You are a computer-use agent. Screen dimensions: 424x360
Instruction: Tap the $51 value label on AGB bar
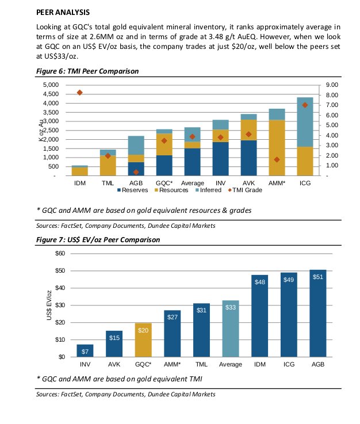coord(317,277)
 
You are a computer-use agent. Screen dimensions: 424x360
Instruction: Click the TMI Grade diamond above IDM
coord(79,93)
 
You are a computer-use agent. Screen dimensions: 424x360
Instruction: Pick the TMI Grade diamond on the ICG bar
coord(305,105)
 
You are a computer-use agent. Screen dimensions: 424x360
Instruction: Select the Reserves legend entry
coord(133,189)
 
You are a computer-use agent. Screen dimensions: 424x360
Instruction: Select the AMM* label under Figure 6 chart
coord(277,183)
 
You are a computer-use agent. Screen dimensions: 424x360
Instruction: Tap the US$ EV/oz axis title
coord(51,305)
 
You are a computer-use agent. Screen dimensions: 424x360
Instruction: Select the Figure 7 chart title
coord(98,240)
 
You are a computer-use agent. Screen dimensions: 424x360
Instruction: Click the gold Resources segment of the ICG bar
coord(305,162)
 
